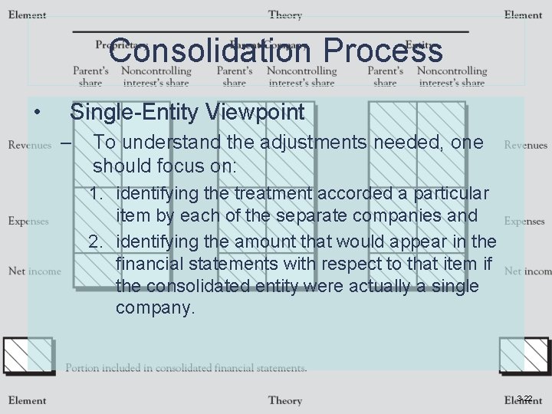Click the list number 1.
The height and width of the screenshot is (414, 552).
tap(96, 192)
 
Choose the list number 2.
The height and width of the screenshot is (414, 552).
tap(96, 242)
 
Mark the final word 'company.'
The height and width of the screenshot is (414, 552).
tap(156, 309)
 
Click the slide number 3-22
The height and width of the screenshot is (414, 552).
tap(524, 398)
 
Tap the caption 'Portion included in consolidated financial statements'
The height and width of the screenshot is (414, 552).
tap(186, 368)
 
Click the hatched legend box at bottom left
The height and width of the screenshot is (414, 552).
tap(28, 356)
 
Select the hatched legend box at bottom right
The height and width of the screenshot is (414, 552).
tap(524, 356)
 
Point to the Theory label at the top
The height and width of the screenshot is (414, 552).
tap(284, 15)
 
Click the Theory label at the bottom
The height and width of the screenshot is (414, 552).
tap(284, 400)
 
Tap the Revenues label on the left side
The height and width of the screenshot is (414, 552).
tap(30, 145)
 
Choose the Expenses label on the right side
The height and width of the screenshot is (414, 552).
tap(524, 221)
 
